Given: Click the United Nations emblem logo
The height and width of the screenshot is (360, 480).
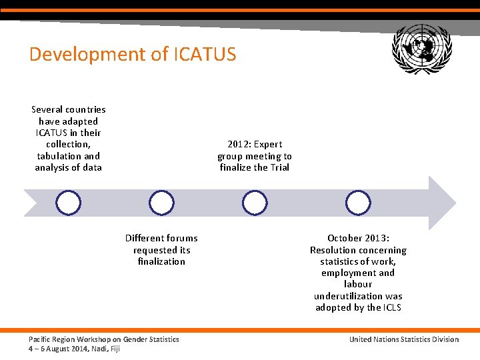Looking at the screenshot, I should [x=421, y=49].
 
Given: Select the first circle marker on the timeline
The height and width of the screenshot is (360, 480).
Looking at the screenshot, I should [x=68, y=203].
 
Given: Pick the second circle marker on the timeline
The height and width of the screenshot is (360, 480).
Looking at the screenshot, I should [x=161, y=203].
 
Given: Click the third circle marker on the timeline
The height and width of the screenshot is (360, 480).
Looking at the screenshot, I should [x=254, y=203].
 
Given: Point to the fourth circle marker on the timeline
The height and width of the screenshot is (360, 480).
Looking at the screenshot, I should [x=358, y=203].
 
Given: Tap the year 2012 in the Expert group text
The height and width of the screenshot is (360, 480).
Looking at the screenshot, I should [x=237, y=144].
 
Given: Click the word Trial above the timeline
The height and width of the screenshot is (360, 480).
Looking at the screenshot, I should [x=280, y=167].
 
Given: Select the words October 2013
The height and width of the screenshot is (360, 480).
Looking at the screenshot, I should [x=358, y=238].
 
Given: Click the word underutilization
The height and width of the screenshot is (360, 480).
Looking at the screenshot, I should [x=358, y=296].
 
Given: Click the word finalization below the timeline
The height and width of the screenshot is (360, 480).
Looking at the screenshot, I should [x=161, y=261].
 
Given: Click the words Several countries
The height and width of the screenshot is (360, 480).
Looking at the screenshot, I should [x=68, y=109].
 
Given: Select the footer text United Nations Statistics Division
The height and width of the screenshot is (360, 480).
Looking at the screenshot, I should [x=404, y=339].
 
